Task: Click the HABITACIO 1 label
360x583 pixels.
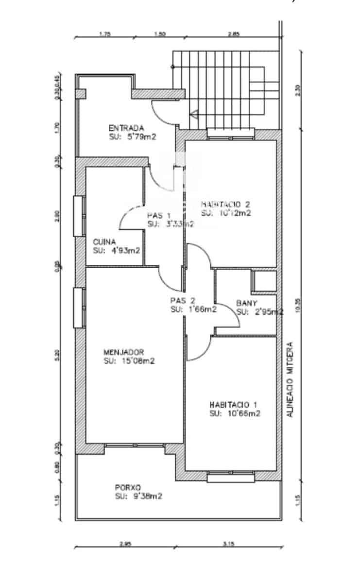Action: coord(233,405)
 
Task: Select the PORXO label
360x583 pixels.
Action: coord(128,487)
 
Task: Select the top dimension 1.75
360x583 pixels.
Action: coord(105,34)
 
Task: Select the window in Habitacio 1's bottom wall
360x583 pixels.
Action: coord(231,477)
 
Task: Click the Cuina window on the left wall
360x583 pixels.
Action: coord(78,216)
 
